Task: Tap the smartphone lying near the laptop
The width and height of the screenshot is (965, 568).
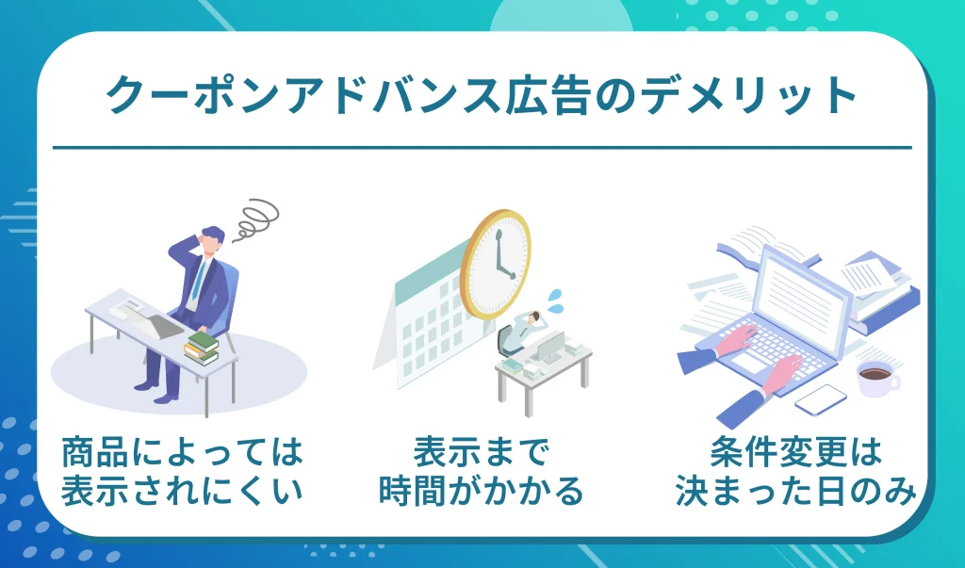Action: [820, 399]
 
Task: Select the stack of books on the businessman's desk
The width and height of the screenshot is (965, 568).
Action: [201, 347]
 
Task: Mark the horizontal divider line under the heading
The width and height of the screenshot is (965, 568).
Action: [482, 148]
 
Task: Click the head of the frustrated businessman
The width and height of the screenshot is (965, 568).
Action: [212, 242]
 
